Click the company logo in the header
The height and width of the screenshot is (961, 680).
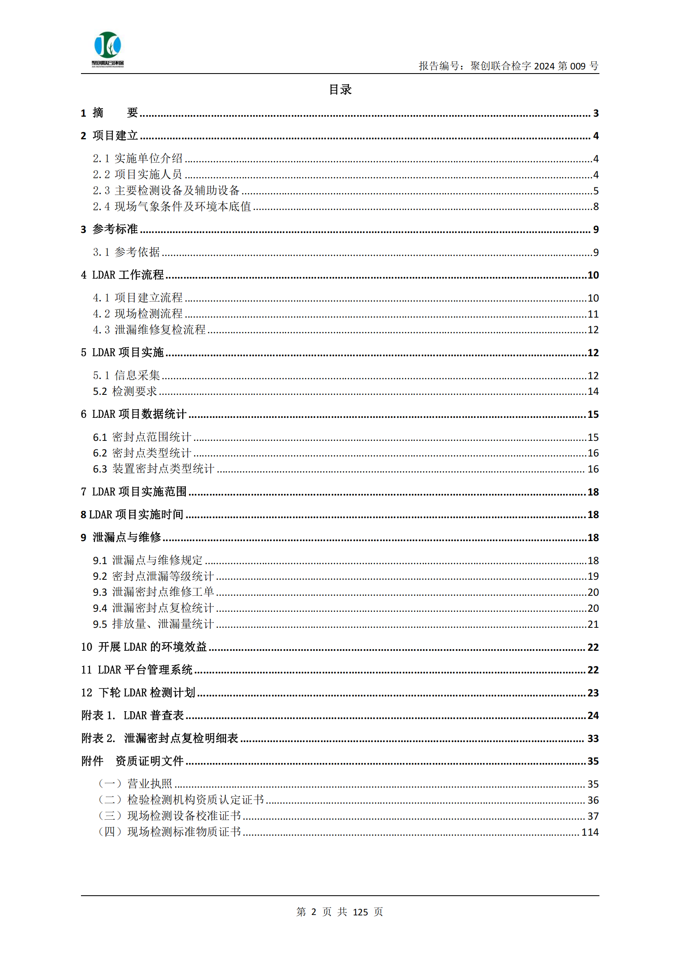coord(108,48)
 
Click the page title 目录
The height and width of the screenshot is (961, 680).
coord(340,90)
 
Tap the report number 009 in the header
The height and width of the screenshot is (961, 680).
coord(577,66)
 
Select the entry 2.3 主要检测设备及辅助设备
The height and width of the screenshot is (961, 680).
coord(166,191)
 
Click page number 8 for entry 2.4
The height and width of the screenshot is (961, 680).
coord(596,207)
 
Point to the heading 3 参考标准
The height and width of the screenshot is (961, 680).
coord(109,229)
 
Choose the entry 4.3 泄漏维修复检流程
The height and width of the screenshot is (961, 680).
coord(149,330)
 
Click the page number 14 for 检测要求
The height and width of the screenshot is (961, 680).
coord(593,392)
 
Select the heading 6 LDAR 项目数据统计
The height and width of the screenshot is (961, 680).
coord(134,415)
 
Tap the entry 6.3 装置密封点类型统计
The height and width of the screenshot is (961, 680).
coord(153,469)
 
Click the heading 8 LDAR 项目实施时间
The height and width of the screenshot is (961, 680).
coord(132,515)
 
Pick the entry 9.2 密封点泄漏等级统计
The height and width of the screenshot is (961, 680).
coord(153,576)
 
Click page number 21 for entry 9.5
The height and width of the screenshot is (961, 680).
coord(593,625)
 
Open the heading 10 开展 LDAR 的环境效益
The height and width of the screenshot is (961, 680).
coord(143,647)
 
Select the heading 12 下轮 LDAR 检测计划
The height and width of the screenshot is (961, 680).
coord(138,693)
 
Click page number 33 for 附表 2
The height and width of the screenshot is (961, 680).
coord(593,739)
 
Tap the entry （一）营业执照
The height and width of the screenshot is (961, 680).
coord(135,784)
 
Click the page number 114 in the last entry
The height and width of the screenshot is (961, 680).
coord(590,832)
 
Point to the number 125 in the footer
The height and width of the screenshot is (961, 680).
coord(360,912)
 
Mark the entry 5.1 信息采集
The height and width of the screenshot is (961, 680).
coord(127,376)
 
